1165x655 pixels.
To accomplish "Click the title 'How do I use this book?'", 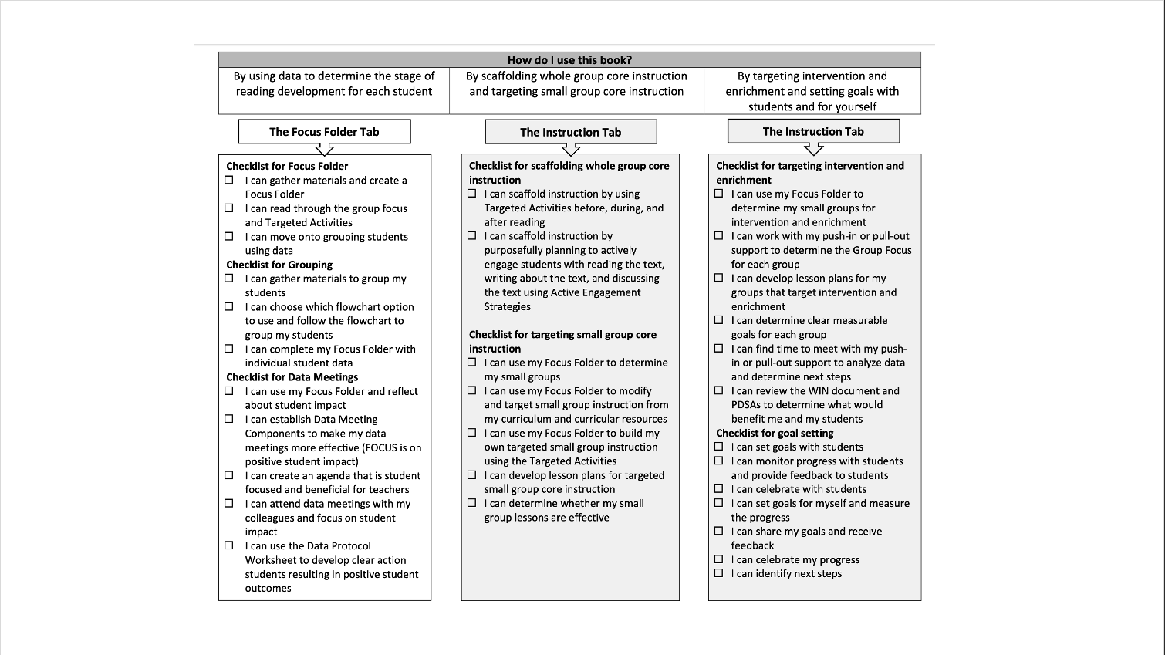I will (569, 60).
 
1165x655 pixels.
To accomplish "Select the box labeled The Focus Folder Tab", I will (324, 132).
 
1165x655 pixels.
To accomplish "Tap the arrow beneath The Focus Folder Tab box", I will (325, 149).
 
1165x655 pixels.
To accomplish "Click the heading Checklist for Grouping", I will (279, 265).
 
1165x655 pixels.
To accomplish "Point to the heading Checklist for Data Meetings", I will (292, 377).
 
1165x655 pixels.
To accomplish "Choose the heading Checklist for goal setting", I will (774, 434).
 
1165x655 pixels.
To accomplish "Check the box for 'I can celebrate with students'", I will (719, 489).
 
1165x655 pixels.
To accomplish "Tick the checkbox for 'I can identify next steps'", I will (719, 573).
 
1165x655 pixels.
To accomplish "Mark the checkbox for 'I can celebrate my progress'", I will (719, 559).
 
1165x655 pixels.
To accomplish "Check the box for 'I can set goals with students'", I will (719, 447).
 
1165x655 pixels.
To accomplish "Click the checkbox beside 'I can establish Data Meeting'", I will (229, 419).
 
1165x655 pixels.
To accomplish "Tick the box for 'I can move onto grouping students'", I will (229, 236).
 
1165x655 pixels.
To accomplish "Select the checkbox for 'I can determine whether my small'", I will (472, 503).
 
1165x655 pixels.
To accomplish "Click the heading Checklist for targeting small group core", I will (562, 335).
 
